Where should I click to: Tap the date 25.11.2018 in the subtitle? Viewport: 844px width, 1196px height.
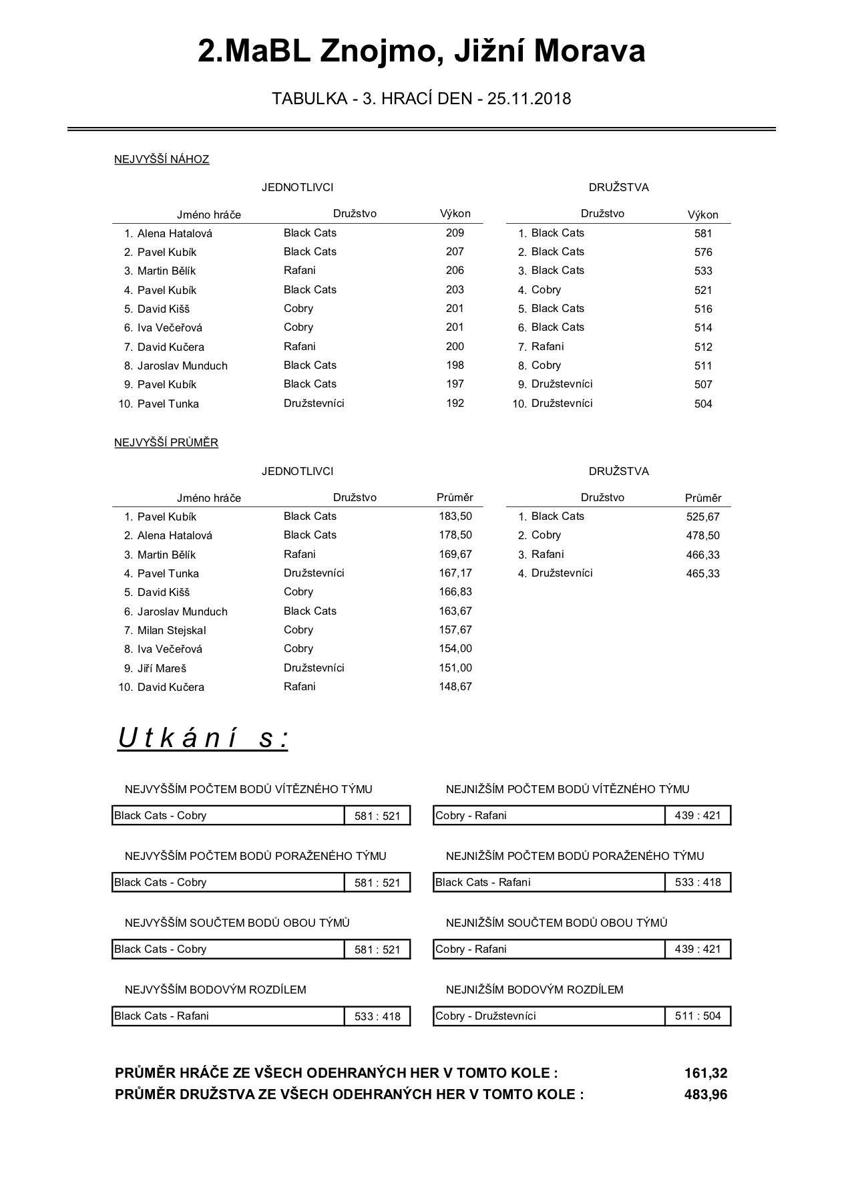(x=529, y=99)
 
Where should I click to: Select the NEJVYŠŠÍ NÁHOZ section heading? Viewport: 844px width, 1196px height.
(x=162, y=160)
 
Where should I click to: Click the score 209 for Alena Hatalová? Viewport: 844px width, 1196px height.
(x=455, y=233)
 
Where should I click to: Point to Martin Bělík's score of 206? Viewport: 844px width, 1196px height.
(x=455, y=271)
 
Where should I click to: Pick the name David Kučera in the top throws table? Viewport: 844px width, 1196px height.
(x=171, y=347)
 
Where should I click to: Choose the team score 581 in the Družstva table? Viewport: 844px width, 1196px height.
(x=703, y=234)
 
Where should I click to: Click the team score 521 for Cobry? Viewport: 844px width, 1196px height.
(x=703, y=291)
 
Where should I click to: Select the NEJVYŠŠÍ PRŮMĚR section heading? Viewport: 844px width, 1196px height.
(x=166, y=443)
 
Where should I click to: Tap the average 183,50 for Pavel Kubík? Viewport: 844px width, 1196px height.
(x=455, y=516)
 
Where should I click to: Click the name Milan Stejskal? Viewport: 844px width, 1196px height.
(x=172, y=631)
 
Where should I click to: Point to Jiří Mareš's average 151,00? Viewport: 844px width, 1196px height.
(x=455, y=668)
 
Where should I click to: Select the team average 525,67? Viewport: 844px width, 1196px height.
(x=703, y=517)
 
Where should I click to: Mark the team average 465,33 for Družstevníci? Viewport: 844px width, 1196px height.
(x=703, y=574)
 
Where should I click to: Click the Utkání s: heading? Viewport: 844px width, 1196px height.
(x=203, y=738)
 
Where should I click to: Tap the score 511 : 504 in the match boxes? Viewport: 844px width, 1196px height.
(x=698, y=1016)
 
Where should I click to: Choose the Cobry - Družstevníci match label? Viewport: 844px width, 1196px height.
(x=485, y=1016)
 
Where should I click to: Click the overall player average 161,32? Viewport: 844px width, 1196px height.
(x=706, y=1073)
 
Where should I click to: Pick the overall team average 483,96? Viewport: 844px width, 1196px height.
(x=706, y=1094)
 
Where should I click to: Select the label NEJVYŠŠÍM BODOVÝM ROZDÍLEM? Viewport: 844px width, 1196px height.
(x=215, y=990)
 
